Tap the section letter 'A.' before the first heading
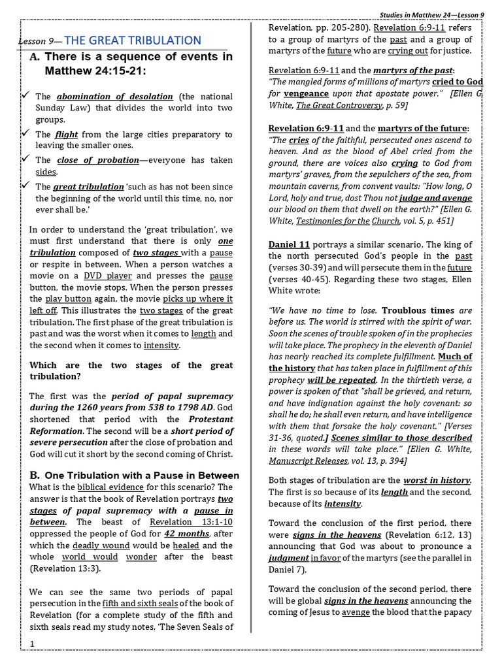(x=35, y=57)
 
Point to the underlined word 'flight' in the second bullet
(x=67, y=135)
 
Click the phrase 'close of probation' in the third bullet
(x=98, y=160)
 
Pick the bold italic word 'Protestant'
(x=210, y=419)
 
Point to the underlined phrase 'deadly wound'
(x=95, y=546)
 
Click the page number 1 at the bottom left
(x=32, y=644)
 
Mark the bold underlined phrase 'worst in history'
(x=437, y=480)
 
